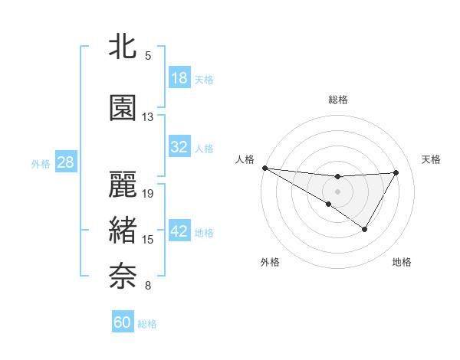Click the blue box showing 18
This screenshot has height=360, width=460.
179,78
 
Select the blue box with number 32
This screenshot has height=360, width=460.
179,147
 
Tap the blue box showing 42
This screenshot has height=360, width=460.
179,231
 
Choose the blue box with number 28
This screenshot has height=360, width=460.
64,162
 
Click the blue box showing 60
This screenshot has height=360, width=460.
123,322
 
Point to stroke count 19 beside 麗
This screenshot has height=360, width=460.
149,194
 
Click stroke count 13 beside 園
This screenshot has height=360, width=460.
148,117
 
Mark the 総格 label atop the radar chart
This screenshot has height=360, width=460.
338,100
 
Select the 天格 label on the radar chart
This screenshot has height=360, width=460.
432,159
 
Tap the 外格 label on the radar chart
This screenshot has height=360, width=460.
270,262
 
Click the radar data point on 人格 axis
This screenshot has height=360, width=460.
264,167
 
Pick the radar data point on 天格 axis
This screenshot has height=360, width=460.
396,172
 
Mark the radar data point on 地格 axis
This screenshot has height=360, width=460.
365,229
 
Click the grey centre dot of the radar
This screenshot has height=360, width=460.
337,189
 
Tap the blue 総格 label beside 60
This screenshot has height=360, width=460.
147,324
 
